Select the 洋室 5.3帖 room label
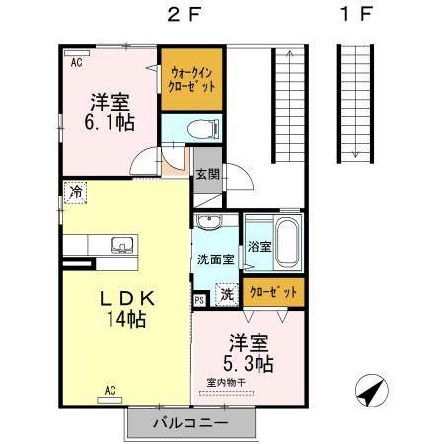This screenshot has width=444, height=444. [251, 353]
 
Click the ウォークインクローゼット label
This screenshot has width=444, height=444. [189, 78]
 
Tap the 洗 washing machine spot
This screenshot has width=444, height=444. [226, 293]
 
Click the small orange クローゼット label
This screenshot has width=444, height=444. [275, 292]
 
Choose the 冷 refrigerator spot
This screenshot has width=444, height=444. [75, 193]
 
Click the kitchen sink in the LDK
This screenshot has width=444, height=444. [121, 245]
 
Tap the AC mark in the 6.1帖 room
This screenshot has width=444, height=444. [75, 61]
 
